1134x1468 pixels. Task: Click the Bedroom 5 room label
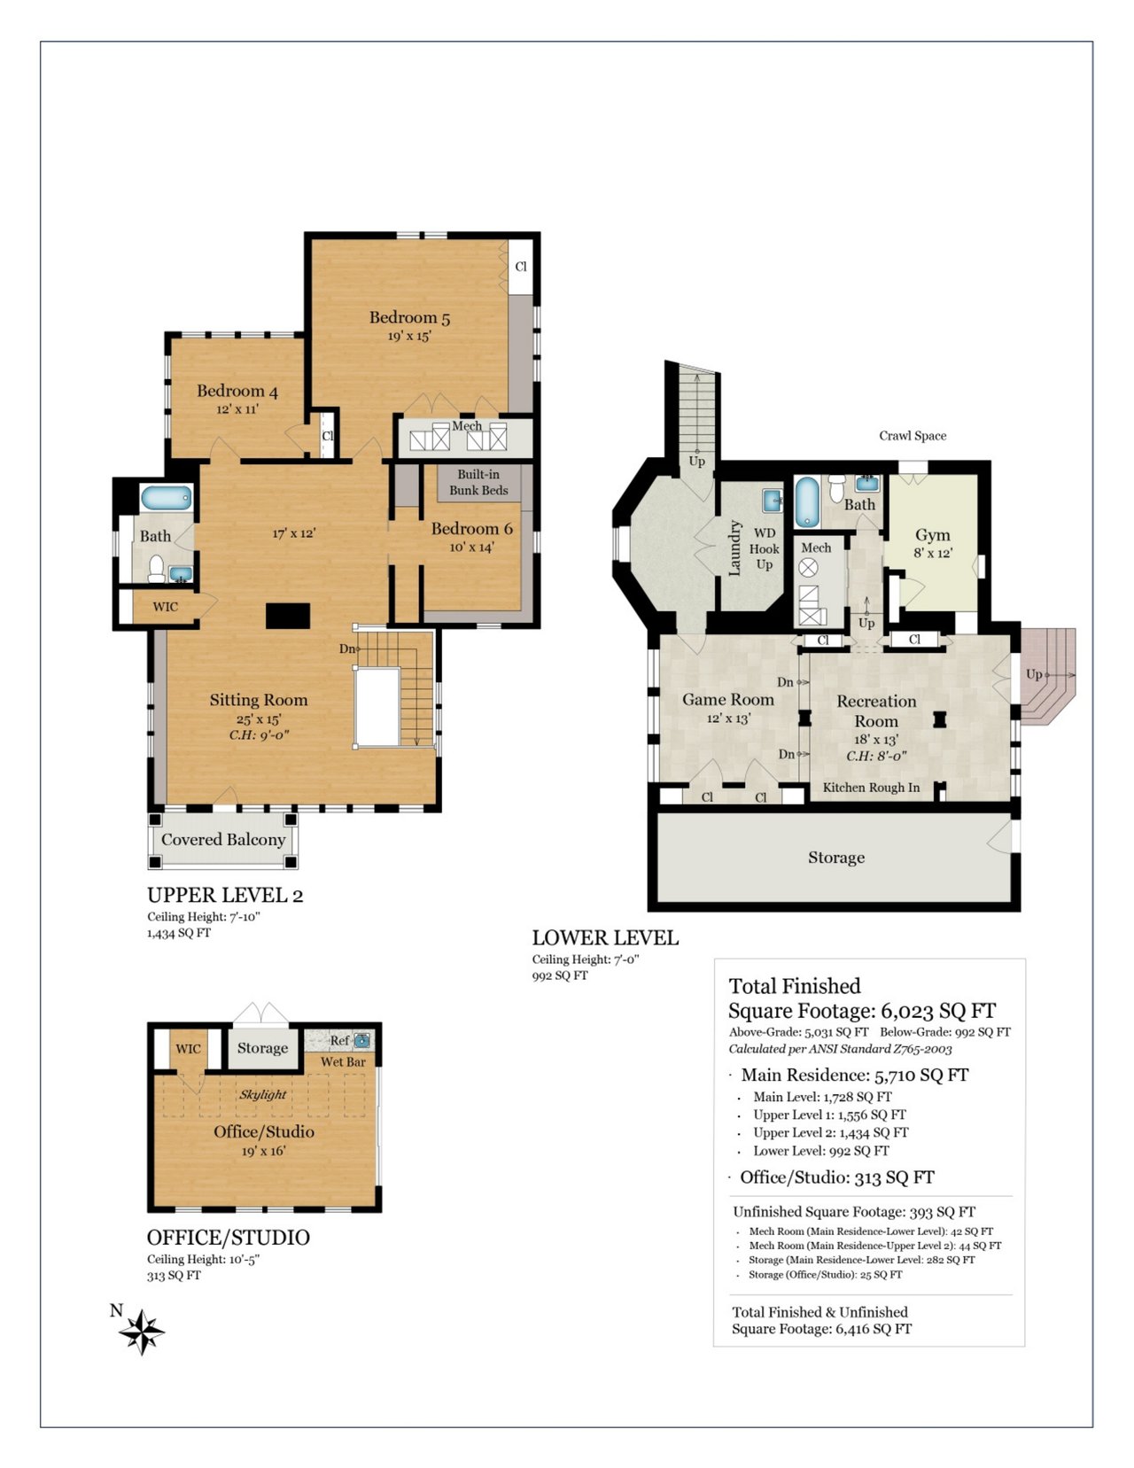click(409, 317)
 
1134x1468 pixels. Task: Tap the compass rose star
click(142, 1332)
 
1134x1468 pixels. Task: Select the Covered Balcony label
click(223, 839)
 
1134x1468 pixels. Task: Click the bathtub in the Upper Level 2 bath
click(167, 499)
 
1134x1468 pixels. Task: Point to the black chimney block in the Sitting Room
click(288, 616)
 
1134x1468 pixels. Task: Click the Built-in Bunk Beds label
click(478, 482)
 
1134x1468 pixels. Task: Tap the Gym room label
click(933, 535)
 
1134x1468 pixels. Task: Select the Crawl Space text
click(913, 436)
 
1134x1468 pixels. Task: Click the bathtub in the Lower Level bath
click(806, 502)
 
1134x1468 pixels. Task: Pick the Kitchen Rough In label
click(871, 787)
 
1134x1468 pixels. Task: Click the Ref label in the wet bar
click(338, 1040)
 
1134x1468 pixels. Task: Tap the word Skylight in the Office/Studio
click(263, 1094)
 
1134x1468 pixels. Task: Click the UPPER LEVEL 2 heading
click(225, 895)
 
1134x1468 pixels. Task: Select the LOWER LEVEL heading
click(605, 937)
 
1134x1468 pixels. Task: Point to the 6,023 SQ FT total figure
click(938, 1011)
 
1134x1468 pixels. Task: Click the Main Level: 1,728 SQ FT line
click(822, 1097)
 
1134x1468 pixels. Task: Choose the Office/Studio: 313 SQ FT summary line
click(837, 1177)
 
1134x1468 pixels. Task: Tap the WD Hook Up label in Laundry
click(764, 548)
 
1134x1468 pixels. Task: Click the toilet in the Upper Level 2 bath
click(157, 568)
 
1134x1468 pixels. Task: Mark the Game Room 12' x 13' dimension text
click(729, 718)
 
